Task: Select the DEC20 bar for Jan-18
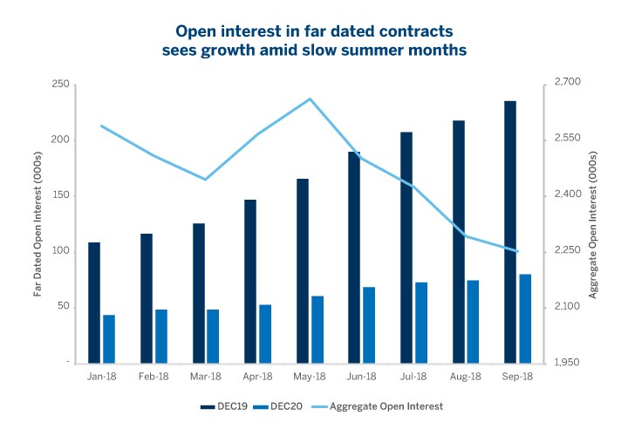coord(109,338)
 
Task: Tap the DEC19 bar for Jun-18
coord(354,256)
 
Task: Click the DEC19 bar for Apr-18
coord(250,280)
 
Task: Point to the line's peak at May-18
coord(311,99)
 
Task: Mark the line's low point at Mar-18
coord(206,180)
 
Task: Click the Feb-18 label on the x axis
coord(154,377)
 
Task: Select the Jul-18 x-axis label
coord(413,377)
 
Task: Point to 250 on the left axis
coord(60,85)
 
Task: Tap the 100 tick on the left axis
coord(60,251)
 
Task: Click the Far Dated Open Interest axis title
coord(38,222)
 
